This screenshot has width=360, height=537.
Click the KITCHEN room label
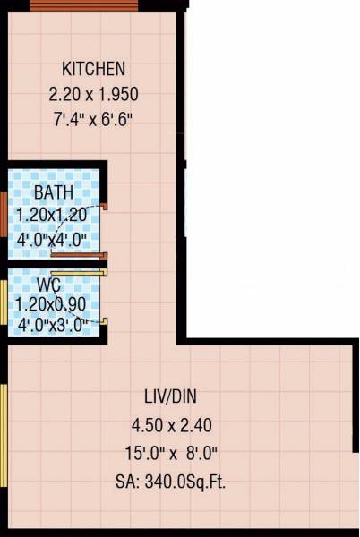click(93, 69)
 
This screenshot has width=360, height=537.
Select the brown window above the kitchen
click(85, 5)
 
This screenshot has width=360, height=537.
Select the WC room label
click(49, 286)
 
